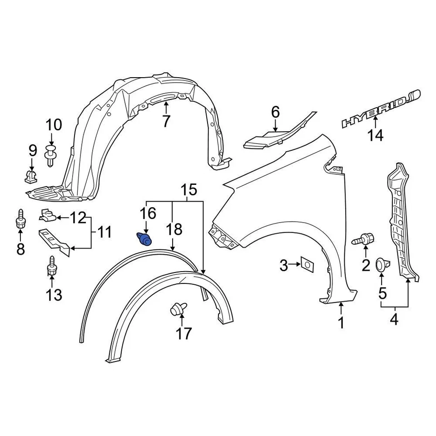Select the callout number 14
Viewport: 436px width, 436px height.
click(376, 135)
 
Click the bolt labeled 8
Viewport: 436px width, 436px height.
click(20, 220)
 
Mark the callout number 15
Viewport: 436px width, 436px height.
click(190, 190)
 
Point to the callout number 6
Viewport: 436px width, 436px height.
click(276, 112)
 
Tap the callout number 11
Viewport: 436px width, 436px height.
click(104, 233)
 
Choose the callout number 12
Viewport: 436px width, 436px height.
click(78, 218)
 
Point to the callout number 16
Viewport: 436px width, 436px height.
click(148, 213)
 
